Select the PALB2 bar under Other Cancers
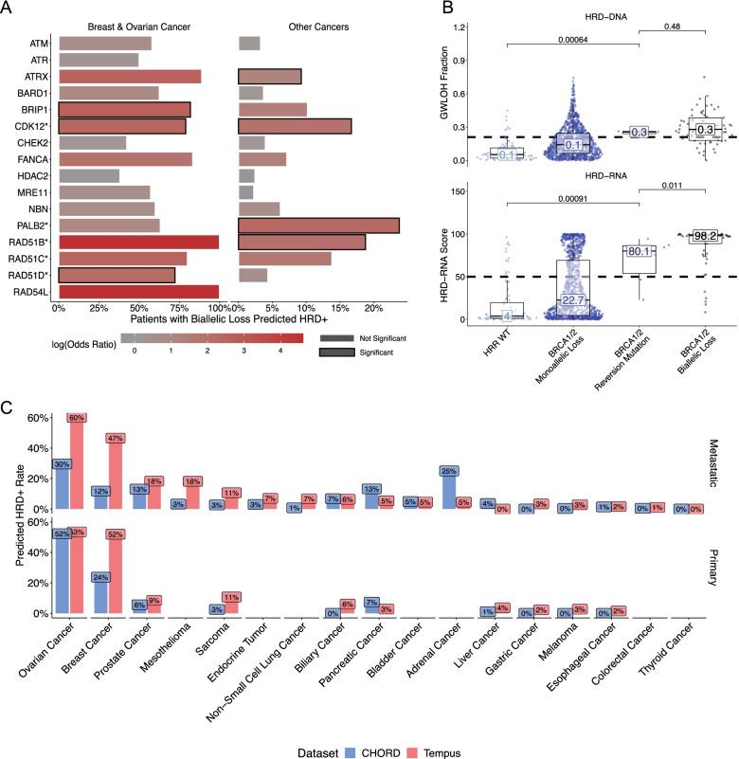click(x=318, y=226)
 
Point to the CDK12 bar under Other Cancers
click(x=295, y=126)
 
